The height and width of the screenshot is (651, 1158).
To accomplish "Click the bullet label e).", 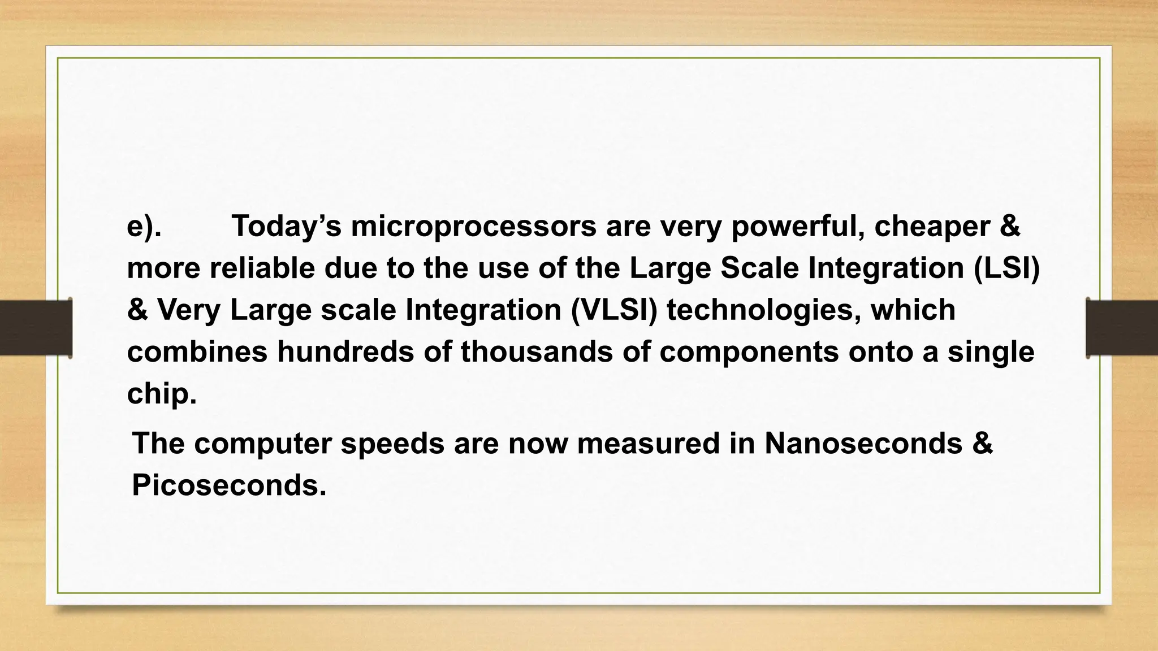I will point(144,226).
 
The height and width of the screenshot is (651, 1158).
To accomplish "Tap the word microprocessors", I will point(473,226).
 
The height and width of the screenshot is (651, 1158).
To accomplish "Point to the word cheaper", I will point(932,226).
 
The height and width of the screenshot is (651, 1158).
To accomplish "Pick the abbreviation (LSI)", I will point(1006,268).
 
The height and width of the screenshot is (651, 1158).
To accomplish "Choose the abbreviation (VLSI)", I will point(614,310).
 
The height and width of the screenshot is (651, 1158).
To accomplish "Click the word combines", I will point(197,351).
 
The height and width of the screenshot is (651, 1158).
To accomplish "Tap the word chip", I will point(162,394).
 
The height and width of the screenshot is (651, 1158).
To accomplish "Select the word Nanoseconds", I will point(863,443).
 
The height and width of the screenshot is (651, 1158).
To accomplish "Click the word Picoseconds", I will point(229,485).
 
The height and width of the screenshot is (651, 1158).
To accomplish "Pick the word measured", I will point(648,443).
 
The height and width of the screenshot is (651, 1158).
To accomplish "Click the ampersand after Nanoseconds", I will point(983,443).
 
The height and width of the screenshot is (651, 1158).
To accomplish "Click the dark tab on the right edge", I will point(1122,328).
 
